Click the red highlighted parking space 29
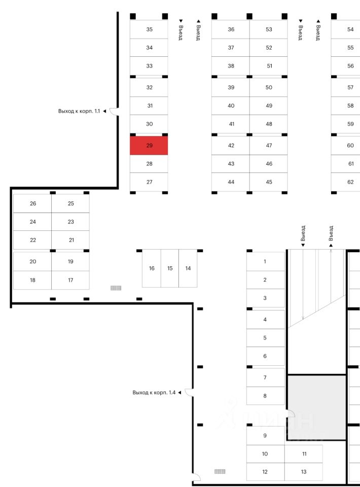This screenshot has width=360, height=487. pos(149,146)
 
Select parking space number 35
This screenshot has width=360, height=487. pos(149,29)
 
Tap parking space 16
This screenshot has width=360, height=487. pos(152,268)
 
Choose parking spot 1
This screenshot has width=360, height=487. pos(265,262)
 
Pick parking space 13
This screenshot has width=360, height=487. pos(304,472)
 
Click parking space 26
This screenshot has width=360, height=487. pos(33,203)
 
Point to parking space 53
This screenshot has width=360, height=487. pos(269,29)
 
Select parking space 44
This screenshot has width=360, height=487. pos(231,182)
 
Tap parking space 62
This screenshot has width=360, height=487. pos(350,182)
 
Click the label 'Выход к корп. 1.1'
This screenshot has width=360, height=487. pos(79,111)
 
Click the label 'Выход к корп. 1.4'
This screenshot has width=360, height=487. pos(154,393)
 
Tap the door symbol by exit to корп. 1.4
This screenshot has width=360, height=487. pos(188,393)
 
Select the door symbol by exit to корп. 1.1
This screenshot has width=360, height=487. pos(114,111)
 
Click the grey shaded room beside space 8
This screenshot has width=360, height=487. pos(317,407)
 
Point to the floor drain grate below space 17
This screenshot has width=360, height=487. pos(116,288)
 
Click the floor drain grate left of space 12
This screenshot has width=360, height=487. pos(220,472)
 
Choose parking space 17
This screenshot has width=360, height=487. pos(70,280)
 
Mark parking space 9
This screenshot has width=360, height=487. pos(265,436)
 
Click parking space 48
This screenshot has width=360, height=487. pos(269,124)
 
